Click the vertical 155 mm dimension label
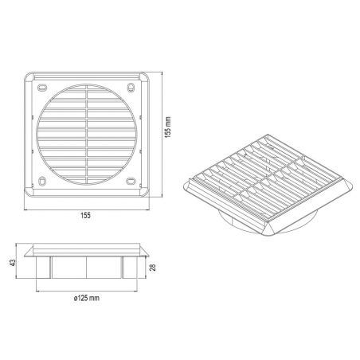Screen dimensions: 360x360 (x=168, y=127)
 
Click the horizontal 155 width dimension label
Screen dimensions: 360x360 (x=86, y=215)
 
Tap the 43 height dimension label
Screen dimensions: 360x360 (x=12, y=263)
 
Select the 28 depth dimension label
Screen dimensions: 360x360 (x=153, y=267)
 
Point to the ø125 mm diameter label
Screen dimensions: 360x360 (x=87, y=298)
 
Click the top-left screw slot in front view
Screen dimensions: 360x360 (x=42, y=88)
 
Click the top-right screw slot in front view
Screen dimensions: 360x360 (x=131, y=88)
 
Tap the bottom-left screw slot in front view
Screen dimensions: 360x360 (x=42, y=181)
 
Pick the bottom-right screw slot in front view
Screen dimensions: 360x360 (x=131, y=182)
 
